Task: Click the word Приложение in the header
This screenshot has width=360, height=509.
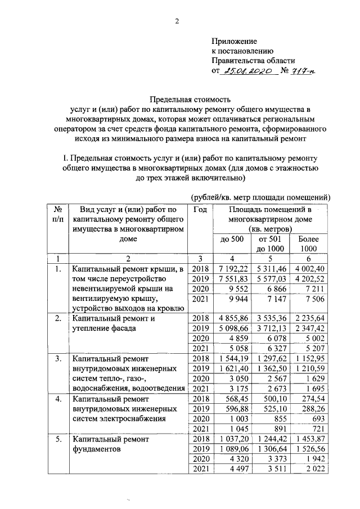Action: click(x=234, y=41)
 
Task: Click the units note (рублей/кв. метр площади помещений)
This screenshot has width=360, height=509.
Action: click(x=260, y=197)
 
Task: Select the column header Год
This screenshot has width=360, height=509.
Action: click(x=200, y=209)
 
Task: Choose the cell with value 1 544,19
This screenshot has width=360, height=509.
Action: click(x=233, y=358)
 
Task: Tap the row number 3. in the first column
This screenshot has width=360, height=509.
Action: click(x=57, y=358)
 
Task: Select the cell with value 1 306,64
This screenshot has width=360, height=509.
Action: click(x=271, y=449)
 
